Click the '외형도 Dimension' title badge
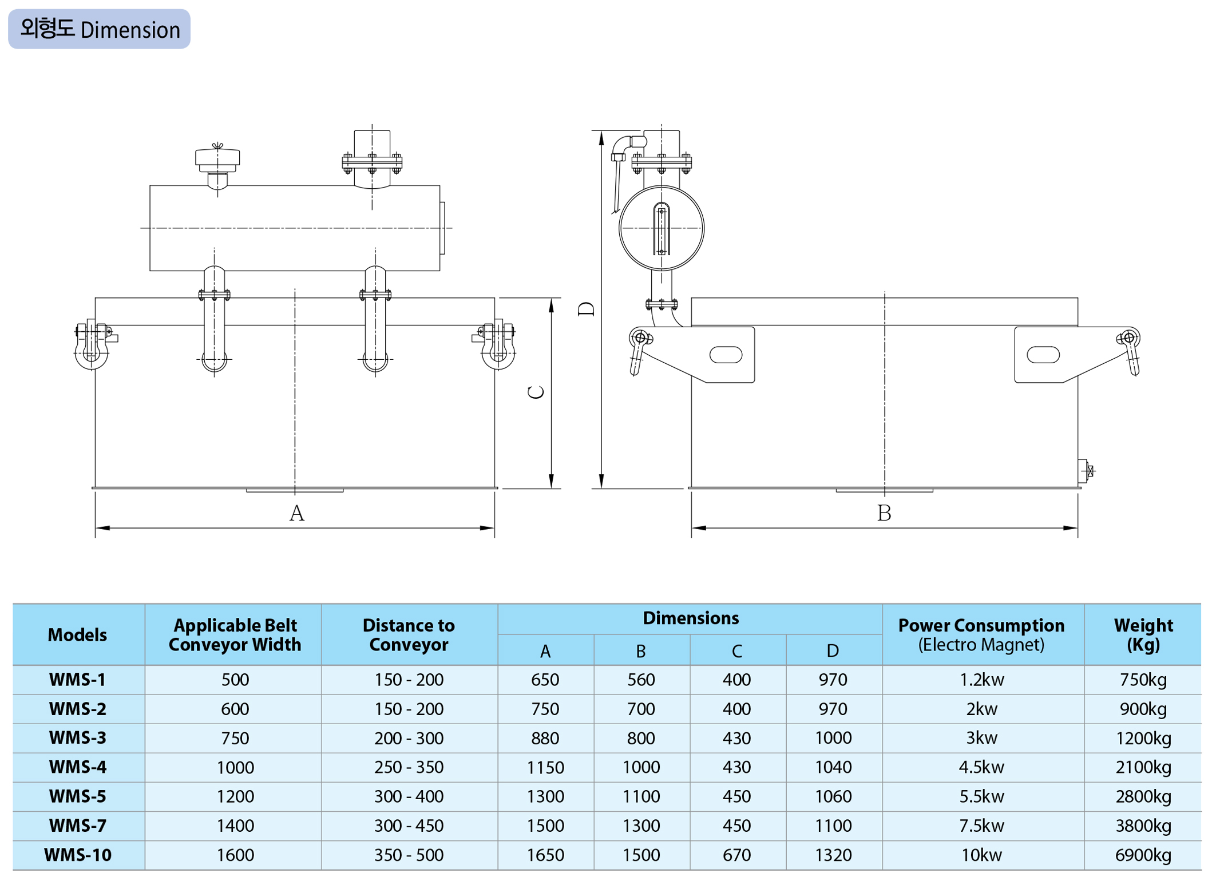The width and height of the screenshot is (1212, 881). click(x=99, y=29)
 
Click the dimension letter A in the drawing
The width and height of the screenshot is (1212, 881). click(x=296, y=513)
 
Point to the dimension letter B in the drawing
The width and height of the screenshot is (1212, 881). click(x=884, y=513)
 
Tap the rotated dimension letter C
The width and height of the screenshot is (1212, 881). click(x=536, y=392)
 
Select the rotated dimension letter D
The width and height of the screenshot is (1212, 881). click(x=587, y=309)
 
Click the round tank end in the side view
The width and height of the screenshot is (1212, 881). click(x=662, y=228)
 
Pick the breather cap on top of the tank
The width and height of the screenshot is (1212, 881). click(x=217, y=159)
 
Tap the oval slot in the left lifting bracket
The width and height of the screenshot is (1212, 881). click(x=726, y=355)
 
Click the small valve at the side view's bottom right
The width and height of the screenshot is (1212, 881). click(x=1086, y=471)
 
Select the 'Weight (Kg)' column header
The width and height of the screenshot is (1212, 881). click(x=1143, y=634)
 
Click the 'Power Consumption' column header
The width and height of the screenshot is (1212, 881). click(x=981, y=634)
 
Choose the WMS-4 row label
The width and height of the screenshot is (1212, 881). click(x=78, y=767)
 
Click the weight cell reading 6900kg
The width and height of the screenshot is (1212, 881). click(x=1143, y=855)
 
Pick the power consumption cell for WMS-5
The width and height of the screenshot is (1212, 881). click(x=981, y=796)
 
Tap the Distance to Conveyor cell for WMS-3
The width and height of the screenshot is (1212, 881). click(x=409, y=738)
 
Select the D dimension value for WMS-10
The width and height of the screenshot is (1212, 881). click(x=833, y=855)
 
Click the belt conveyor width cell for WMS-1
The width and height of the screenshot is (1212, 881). click(x=235, y=680)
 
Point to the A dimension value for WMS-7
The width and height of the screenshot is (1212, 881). click(x=545, y=826)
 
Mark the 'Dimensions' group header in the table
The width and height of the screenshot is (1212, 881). click(x=690, y=618)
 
